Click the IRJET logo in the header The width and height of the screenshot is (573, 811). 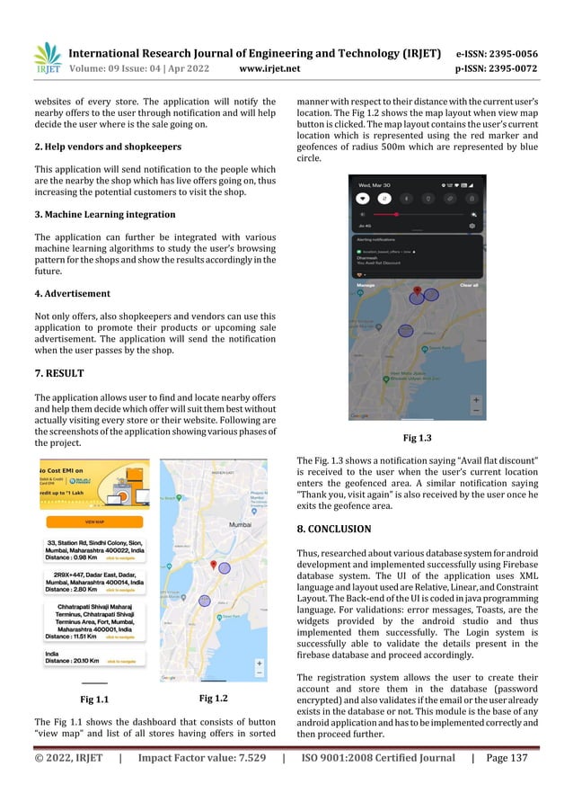coord(47,56)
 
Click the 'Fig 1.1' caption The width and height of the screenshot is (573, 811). coord(95,698)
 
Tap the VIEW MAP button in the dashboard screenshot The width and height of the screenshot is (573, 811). coord(93,521)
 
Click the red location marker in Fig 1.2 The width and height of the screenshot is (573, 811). coord(213,565)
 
